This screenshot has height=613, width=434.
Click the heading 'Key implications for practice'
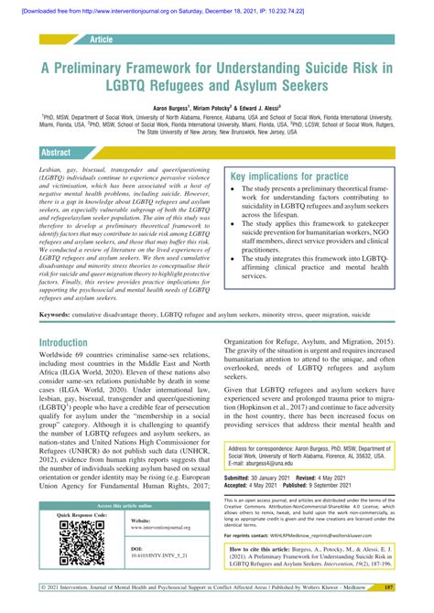click(x=289, y=177)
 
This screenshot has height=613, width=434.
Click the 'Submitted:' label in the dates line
click(x=244, y=477)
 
